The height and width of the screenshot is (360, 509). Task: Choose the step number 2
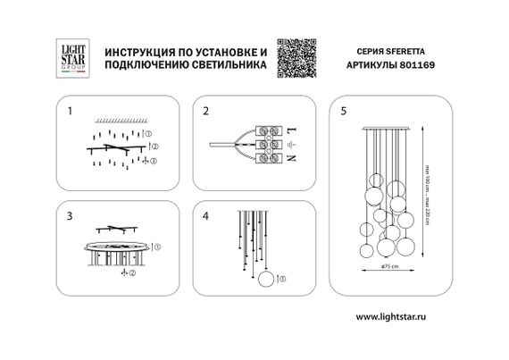click(205, 112)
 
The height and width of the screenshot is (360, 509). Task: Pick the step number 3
click(69, 216)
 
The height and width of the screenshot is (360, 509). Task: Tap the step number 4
click(205, 216)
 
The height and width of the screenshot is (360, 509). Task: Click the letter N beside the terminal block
click(291, 157)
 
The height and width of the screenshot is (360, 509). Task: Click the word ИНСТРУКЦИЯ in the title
click(139, 52)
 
